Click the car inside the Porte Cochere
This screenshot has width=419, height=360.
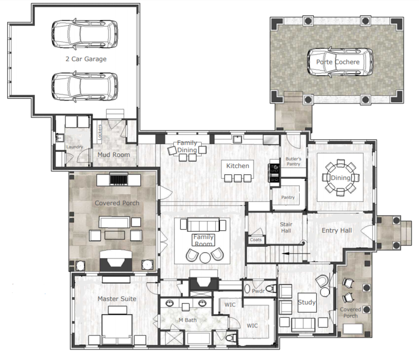pos(340,62)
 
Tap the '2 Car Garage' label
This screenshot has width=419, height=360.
pos(86,59)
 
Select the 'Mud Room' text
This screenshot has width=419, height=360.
pos(114,155)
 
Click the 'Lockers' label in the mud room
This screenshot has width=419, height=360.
pos(100,132)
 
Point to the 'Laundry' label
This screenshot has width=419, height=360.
pos(74,147)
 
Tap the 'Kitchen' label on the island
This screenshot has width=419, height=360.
pos(238,166)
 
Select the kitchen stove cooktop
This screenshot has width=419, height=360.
pos(274,173)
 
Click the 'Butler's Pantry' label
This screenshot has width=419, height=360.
pos(293,162)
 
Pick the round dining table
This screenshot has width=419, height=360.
pos(340,177)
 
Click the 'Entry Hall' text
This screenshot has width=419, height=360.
pos(337,230)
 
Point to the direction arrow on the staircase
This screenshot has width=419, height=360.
pos(296,253)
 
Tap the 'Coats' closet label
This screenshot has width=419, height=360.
pos(256,240)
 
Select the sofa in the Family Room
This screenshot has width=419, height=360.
pos(203,224)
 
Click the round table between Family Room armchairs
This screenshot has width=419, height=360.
pos(205,258)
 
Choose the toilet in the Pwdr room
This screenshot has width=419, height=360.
pos(271,289)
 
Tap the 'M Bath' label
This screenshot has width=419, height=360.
pos(188,320)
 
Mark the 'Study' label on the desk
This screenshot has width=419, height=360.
pos(307,302)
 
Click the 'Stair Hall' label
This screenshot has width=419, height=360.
pos(286,228)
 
